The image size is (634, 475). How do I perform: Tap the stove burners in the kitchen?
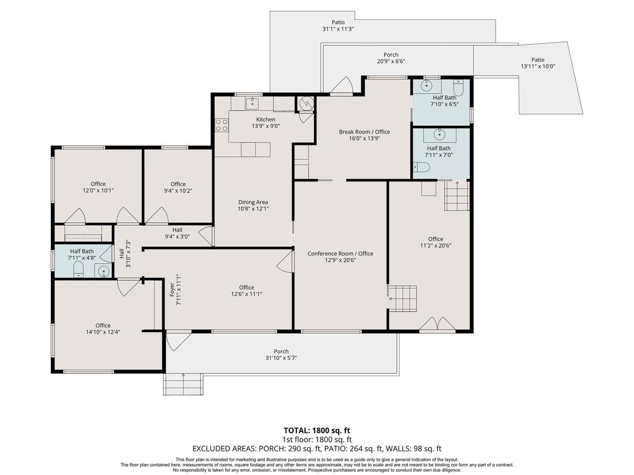pos(222,125)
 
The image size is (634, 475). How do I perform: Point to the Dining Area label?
pos(253,202)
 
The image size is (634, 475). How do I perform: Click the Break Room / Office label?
pos(364,132)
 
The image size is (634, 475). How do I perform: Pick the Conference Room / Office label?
pos(341,253)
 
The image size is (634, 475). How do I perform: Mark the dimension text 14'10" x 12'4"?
pos(103,332)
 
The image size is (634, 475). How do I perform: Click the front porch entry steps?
pos(183,385)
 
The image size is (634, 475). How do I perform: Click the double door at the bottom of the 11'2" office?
pos(437,324)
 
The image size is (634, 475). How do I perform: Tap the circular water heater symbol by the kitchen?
pos(306,103)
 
